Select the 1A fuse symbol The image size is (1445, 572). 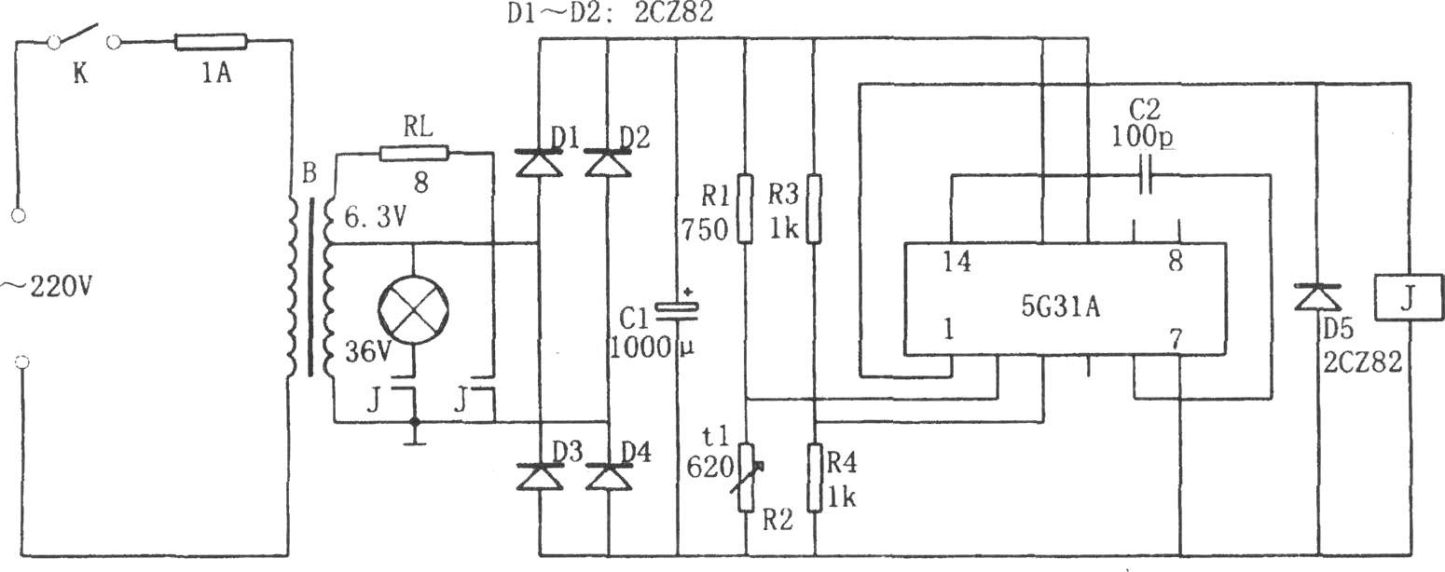click(211, 43)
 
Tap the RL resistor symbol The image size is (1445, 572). click(414, 153)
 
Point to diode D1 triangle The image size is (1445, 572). click(539, 163)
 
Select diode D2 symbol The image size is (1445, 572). click(608, 163)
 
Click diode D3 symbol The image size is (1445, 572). click(539, 476)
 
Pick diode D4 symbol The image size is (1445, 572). click(608, 476)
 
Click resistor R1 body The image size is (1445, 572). click(745, 209)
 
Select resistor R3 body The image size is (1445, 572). click(814, 209)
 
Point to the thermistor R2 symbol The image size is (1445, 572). click(747, 477)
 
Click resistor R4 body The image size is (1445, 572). click(815, 477)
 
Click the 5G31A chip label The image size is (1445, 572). click(1061, 307)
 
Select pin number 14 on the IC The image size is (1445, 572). click(956, 262)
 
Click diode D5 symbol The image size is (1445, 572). click(1317, 297)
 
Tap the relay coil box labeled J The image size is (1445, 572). click(1409, 297)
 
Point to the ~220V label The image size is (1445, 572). click(47, 288)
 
